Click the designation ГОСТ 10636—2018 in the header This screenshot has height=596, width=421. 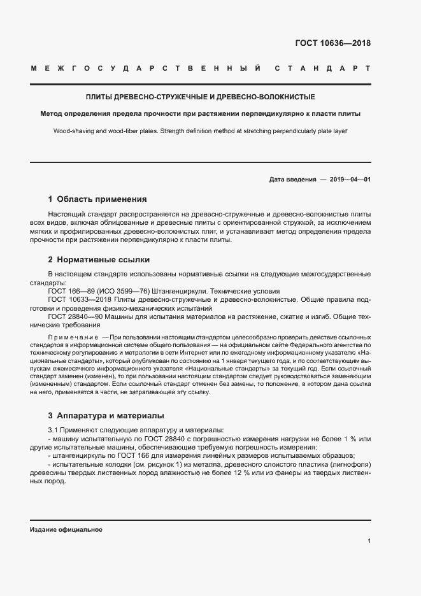tap(333, 44)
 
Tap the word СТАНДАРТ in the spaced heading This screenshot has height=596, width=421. tap(323, 67)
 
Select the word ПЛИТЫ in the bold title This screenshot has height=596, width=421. tap(99, 97)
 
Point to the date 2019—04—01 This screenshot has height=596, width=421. tap(350, 180)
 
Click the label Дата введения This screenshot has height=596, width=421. tap(292, 180)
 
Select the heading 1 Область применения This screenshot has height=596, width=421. tap(97, 199)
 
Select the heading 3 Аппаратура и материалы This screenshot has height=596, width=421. tap(106, 416)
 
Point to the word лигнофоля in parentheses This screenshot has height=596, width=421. tap(348, 464)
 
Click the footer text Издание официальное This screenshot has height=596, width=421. tap(66, 530)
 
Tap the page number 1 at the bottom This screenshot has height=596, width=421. tap(369, 541)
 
